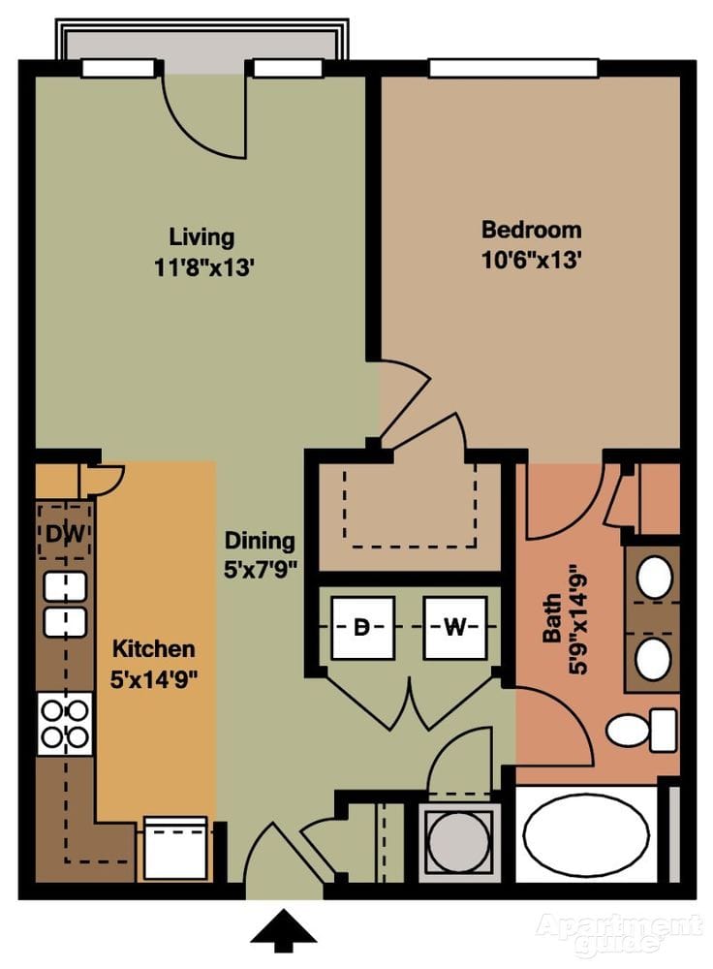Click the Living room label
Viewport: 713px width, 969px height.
[201, 236]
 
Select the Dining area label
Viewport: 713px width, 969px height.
[260, 541]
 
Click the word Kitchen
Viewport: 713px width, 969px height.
[153, 648]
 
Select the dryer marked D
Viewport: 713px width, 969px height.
[361, 627]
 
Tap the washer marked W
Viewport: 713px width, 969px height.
[454, 627]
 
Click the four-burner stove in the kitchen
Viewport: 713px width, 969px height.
[64, 724]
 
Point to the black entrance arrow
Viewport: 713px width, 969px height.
[284, 929]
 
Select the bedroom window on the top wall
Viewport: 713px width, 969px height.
[513, 68]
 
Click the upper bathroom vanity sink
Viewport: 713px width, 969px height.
[655, 578]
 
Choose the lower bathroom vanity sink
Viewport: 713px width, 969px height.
[653, 659]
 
